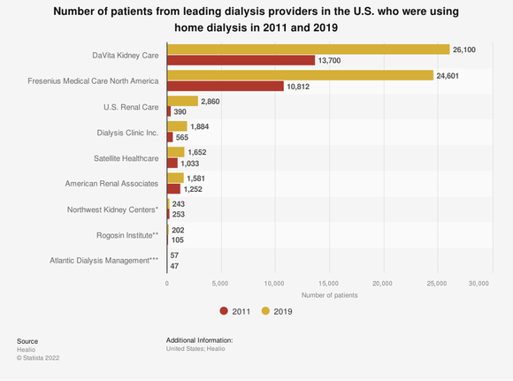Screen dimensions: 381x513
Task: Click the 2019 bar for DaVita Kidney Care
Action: tap(308, 49)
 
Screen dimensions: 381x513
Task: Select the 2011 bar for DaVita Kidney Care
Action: tap(241, 60)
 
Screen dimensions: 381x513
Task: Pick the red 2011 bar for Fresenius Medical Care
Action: tap(226, 87)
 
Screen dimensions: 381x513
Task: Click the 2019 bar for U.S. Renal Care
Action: tap(182, 101)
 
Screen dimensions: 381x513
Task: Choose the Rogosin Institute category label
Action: tap(127, 235)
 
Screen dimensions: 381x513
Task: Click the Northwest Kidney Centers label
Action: tap(112, 210)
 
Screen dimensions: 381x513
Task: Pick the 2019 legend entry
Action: tap(278, 311)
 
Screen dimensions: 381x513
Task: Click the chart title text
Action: tap(256, 19)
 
